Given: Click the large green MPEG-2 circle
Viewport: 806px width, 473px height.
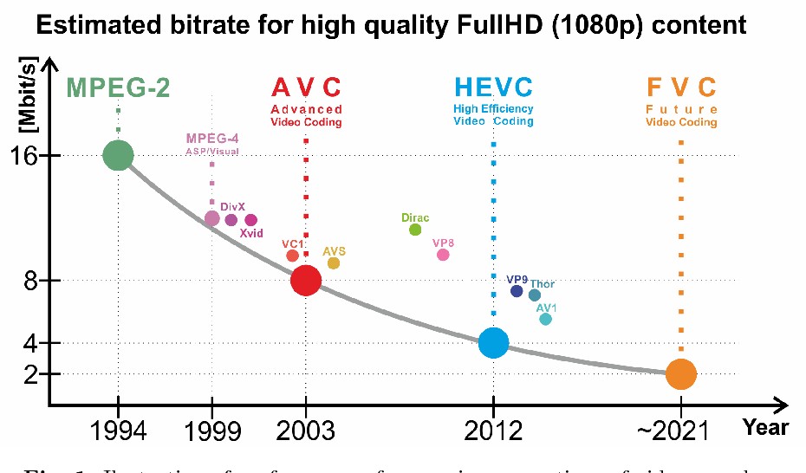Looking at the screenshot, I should pos(118,156).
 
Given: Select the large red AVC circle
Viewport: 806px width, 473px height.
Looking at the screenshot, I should pos(306,280).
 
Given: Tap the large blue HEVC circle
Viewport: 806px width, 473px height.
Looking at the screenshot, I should pos(493,343).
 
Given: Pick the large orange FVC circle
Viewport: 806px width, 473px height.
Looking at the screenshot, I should pos(681,373).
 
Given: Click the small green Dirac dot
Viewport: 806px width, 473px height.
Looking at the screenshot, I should pos(415,230).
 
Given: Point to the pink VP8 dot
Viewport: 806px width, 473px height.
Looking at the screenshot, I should pos(443,255).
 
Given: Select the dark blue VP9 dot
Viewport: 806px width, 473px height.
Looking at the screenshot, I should pos(517,291).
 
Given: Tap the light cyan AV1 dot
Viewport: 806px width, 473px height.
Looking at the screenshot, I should pos(545,319).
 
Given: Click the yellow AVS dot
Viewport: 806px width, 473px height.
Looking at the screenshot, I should pos(334,263).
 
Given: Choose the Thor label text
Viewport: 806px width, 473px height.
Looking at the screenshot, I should pos(543,284).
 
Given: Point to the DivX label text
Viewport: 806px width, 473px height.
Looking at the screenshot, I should pos(232,207).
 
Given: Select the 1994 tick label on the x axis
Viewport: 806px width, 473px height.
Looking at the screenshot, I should pos(118,431).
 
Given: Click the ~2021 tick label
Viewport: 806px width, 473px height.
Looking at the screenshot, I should pos(680,431).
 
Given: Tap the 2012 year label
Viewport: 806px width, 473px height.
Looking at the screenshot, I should pos(493,431).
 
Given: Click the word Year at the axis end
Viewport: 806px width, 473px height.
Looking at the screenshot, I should pos(766,427).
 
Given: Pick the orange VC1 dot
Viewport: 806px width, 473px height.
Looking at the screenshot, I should pos(292,256).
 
